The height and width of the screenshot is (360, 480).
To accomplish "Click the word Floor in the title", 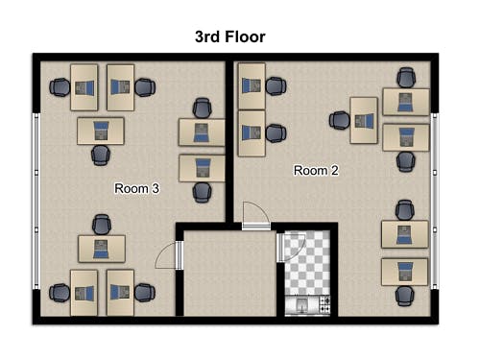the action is (x=245, y=36).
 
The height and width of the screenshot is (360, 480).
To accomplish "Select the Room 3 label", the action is (x=136, y=188).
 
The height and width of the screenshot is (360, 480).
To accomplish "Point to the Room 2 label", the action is (x=316, y=171).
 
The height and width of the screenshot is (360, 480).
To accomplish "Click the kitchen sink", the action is (x=301, y=305).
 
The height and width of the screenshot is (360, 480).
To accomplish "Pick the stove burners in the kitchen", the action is (x=325, y=304).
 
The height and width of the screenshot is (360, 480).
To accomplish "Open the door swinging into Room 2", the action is (x=256, y=216).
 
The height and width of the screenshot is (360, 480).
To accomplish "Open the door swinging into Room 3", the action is (x=168, y=255).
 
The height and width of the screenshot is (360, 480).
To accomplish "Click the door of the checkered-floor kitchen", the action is (x=290, y=247).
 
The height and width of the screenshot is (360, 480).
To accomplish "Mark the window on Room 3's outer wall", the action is (x=36, y=201).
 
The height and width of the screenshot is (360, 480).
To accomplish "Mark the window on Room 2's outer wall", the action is (x=434, y=201).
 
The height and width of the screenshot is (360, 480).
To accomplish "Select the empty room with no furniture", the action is (x=229, y=273).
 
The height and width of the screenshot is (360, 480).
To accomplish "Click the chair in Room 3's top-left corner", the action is (x=60, y=87).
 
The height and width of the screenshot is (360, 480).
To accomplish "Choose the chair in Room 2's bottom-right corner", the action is (x=404, y=296).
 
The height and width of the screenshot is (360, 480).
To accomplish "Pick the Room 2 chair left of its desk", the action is (x=340, y=120).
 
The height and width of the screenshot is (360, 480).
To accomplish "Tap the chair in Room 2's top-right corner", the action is (x=406, y=78).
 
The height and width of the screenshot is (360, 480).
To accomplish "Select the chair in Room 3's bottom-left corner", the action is (x=60, y=293).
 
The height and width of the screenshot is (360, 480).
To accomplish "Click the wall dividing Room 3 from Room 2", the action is (x=229, y=141).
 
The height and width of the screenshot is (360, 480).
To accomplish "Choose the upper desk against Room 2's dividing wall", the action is (x=252, y=86).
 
